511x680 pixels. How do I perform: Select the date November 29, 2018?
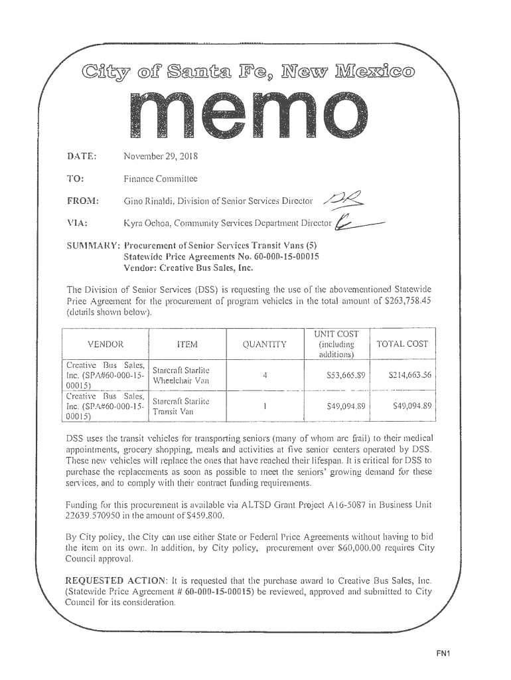pos(161,157)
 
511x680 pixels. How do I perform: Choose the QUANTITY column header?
pos(264,344)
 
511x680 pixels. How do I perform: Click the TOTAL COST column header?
pos(402,344)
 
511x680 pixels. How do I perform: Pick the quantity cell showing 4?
pos(265,375)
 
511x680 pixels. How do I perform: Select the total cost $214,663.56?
pos(409,375)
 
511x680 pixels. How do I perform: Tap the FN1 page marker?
pos(443,653)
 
